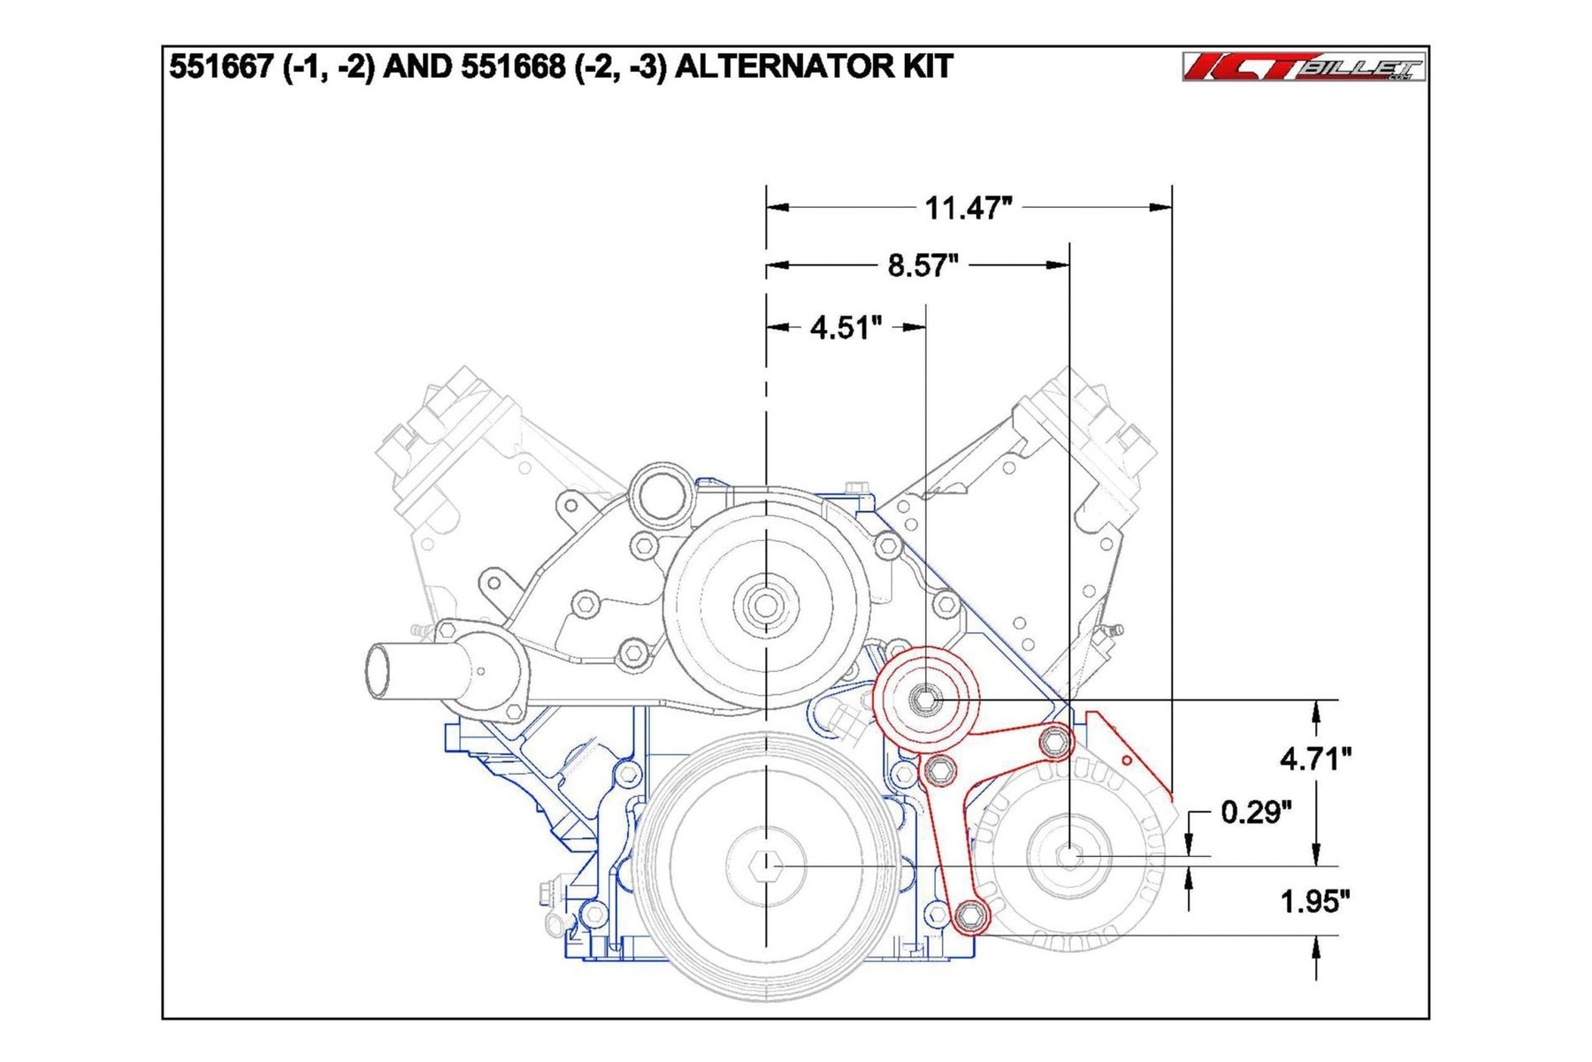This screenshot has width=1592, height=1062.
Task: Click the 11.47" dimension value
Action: click(x=968, y=208)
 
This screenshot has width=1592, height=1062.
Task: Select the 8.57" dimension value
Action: click(x=922, y=265)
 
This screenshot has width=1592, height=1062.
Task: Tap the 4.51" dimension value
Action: click(x=846, y=328)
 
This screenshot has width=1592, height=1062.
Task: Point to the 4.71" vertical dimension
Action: click(x=1315, y=759)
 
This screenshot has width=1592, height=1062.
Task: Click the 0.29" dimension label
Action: click(x=1255, y=812)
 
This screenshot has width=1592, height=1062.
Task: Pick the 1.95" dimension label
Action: click(x=1314, y=902)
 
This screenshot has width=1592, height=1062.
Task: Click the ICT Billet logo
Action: click(x=1303, y=67)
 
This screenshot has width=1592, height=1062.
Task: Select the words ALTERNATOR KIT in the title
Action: click(x=814, y=67)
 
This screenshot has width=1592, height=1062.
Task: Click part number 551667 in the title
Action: click(x=220, y=67)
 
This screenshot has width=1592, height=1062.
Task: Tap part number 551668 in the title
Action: click(x=512, y=67)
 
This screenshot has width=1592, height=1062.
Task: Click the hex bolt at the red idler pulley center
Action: click(x=925, y=700)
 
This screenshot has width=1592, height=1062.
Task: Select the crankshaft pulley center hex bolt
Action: click(x=765, y=866)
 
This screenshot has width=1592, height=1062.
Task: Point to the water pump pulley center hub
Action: click(x=765, y=606)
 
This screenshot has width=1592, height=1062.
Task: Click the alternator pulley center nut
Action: click(x=1069, y=856)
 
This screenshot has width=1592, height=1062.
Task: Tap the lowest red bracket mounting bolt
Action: click(x=970, y=913)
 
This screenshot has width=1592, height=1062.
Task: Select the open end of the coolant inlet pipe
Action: click(x=379, y=672)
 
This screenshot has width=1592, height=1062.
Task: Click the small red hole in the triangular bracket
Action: click(x=1127, y=760)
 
